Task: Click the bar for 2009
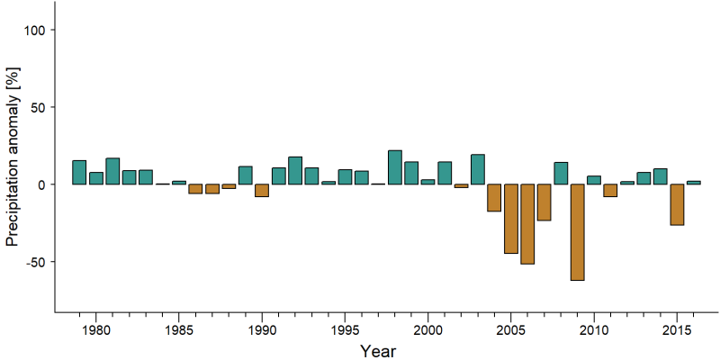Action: [x=577, y=232]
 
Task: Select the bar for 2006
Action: [x=527, y=224]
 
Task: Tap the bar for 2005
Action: [x=511, y=219]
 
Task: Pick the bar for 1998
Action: [x=395, y=167]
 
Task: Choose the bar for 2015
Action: [x=677, y=205]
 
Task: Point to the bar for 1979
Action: [x=79, y=172]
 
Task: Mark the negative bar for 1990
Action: [x=262, y=191]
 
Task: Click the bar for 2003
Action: [x=478, y=169]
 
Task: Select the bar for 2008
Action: [x=561, y=173]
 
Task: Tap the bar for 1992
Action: [x=295, y=170]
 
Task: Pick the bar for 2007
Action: [x=544, y=202]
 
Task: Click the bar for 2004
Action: [x=494, y=198]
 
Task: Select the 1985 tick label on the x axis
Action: [x=178, y=330]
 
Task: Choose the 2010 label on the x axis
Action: [x=594, y=330]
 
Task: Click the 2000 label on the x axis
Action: [x=428, y=330]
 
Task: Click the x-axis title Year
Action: [x=377, y=351]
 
